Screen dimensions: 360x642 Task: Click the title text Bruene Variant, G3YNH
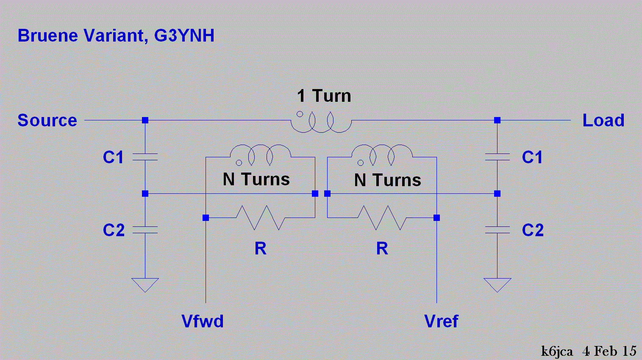(116, 35)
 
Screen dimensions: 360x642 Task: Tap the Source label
(47, 120)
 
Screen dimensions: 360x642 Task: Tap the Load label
(603, 120)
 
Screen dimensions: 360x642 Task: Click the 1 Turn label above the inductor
(324, 96)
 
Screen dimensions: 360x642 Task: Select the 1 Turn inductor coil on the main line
(321, 123)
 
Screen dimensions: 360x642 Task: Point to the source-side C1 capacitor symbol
(145, 157)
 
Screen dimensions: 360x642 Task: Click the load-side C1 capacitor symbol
(497, 157)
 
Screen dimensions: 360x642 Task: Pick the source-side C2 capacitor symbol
(145, 230)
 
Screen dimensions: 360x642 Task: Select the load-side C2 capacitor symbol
(497, 230)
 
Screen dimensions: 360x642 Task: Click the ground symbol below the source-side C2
(145, 284)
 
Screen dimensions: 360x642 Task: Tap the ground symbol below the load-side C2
(497, 284)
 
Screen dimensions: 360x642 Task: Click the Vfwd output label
(202, 321)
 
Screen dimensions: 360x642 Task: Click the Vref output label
(441, 321)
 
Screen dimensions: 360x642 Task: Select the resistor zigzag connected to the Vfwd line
(260, 218)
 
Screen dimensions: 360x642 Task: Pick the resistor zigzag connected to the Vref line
(382, 218)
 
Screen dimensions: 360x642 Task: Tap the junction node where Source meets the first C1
(145, 120)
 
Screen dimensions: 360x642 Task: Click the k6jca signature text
(557, 351)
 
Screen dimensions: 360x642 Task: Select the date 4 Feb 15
(609, 351)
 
